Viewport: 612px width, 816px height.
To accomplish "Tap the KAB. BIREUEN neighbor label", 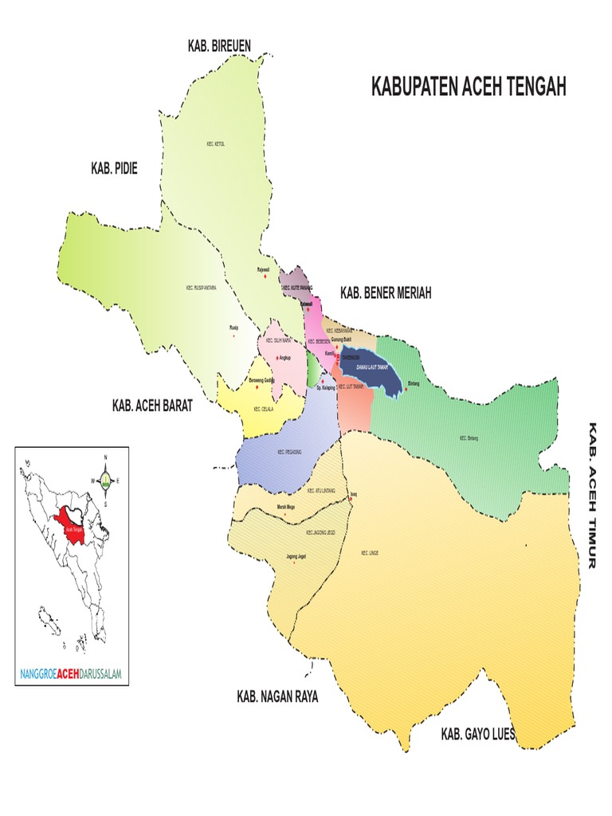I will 219,46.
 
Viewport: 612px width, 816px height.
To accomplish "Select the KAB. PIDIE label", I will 114,168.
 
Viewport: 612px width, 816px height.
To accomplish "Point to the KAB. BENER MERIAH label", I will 386,293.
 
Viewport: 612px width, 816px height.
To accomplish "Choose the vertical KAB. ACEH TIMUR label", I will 592,495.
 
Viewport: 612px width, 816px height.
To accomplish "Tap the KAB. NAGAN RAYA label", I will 277,696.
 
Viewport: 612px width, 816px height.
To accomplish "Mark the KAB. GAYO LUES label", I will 478,734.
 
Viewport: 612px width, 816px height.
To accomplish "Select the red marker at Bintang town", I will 407,390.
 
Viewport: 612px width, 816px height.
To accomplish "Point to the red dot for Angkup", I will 277,358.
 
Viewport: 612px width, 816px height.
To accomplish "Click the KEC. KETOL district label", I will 215,144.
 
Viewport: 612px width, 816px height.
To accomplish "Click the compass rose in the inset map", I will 105,480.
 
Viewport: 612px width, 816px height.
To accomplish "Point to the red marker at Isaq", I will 351,500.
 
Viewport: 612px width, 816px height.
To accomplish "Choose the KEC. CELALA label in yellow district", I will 263,409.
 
